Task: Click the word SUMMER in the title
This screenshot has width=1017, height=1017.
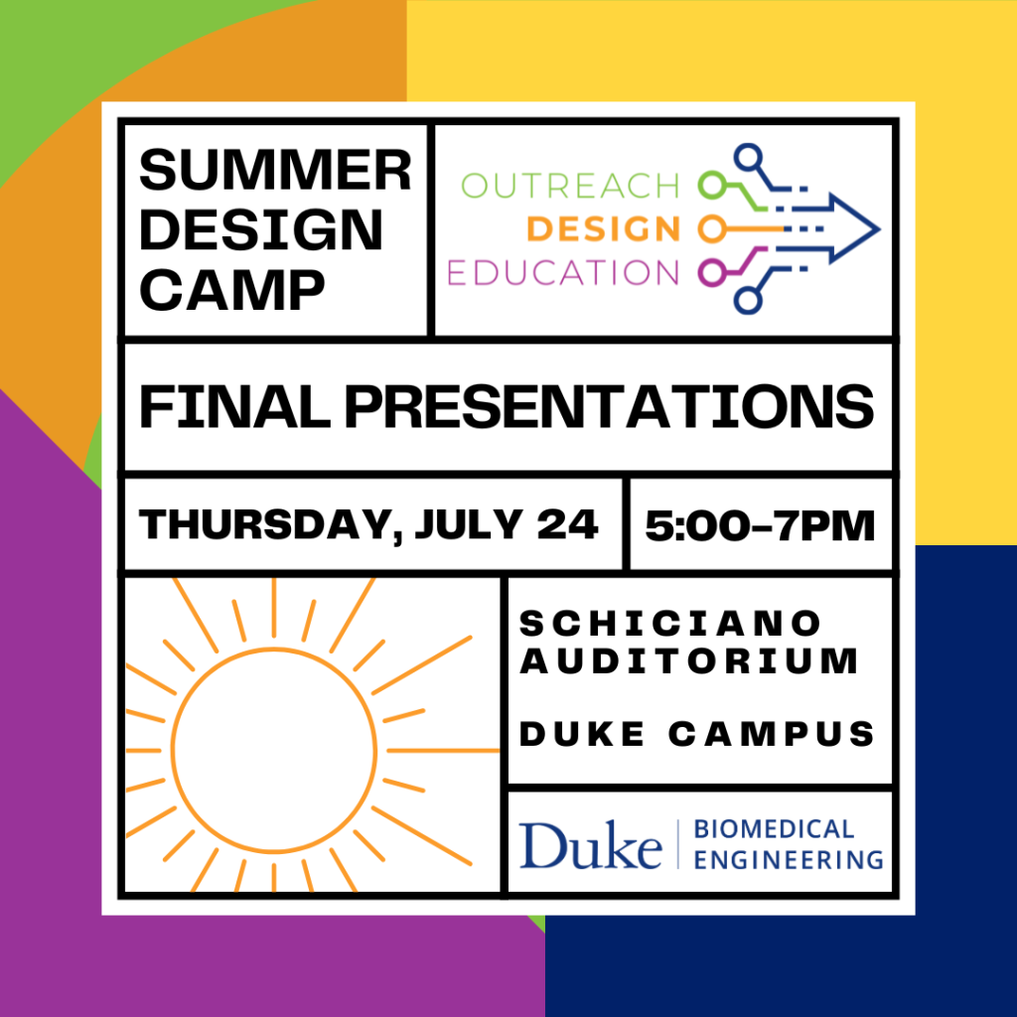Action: click(x=275, y=171)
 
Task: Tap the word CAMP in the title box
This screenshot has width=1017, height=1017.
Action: click(x=231, y=290)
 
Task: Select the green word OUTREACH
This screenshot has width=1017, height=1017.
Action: click(x=570, y=186)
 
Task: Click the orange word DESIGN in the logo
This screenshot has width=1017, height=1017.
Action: click(x=603, y=229)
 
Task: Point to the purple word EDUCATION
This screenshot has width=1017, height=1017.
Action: click(x=563, y=272)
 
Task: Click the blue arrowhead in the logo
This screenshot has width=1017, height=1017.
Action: click(x=854, y=229)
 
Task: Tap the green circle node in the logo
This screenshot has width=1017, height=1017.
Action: click(x=712, y=186)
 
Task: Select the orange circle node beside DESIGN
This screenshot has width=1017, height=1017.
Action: click(x=712, y=229)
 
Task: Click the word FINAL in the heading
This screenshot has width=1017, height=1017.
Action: click(x=234, y=406)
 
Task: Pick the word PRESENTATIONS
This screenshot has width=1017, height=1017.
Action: click(x=609, y=406)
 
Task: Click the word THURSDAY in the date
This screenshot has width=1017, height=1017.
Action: click(x=266, y=524)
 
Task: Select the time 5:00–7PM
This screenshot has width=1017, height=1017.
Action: click(x=760, y=525)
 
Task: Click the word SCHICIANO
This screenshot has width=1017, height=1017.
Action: click(x=670, y=624)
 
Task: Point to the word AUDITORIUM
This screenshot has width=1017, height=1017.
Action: click(x=689, y=661)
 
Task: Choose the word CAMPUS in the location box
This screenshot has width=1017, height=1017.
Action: click(x=772, y=734)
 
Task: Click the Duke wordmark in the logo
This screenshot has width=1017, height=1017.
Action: click(x=590, y=844)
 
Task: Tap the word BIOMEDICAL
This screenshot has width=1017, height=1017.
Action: click(x=774, y=829)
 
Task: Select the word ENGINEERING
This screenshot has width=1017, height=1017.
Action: click(x=789, y=860)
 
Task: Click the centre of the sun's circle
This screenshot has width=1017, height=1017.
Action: click(x=274, y=750)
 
